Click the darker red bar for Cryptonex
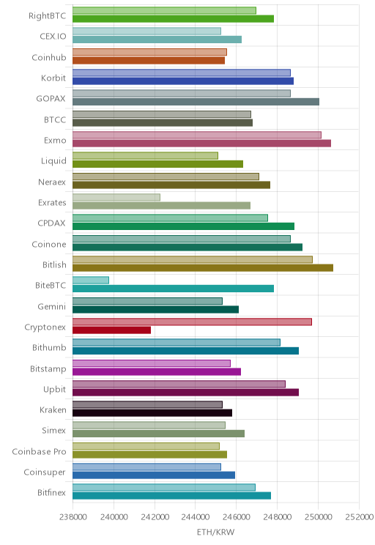(x=111, y=330)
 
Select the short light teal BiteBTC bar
(x=91, y=280)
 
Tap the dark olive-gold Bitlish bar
(x=203, y=268)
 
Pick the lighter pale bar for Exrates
(x=116, y=198)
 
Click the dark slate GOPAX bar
(x=196, y=102)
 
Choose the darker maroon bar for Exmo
(x=201, y=143)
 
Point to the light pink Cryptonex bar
(x=192, y=322)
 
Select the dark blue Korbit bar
(x=183, y=81)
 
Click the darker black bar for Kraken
(x=152, y=413)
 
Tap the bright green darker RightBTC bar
(x=173, y=19)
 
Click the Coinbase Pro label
(x=39, y=451)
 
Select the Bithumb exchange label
(x=49, y=347)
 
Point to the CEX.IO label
(x=53, y=37)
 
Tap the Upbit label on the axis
(x=54, y=389)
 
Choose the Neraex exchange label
(x=52, y=182)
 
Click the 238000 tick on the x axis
(x=73, y=516)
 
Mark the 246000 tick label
(x=237, y=516)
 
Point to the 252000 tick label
(x=359, y=516)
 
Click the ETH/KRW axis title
(x=215, y=532)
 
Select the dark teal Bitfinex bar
(x=171, y=496)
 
